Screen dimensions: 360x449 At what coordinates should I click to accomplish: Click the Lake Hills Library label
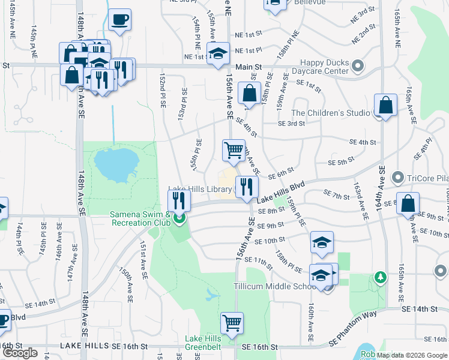click(200, 190)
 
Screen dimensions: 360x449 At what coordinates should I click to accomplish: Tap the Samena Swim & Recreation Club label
click(139, 218)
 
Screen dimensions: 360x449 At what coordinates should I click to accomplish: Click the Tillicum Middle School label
click(281, 286)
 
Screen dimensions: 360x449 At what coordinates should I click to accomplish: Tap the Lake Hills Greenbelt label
click(203, 343)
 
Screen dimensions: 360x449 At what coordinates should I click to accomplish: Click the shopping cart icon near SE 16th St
click(232, 323)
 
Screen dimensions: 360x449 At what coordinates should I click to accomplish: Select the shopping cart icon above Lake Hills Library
click(234, 149)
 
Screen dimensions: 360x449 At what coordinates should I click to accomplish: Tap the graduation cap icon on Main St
click(218, 53)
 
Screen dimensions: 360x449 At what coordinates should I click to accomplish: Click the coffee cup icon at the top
click(119, 19)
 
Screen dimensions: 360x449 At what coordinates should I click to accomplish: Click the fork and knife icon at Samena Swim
click(179, 199)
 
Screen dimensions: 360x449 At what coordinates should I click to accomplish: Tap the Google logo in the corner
click(20, 353)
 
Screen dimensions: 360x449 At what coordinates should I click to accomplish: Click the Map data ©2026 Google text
click(411, 355)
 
